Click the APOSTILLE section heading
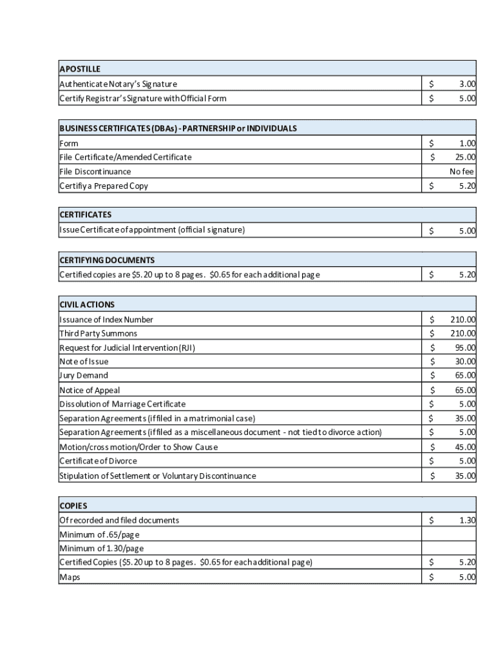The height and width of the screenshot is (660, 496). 80,69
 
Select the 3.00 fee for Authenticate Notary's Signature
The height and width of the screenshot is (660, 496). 468,84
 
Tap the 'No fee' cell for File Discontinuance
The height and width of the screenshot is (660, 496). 462,172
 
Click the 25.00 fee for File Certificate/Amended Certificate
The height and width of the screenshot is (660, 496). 465,157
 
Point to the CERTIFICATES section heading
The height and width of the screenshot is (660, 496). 85,215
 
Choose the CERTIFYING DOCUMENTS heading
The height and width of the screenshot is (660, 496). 107,260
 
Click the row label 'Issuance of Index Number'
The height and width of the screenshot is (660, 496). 106,320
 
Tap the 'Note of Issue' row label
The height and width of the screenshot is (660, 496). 84,362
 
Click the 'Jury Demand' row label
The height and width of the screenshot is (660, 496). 84,376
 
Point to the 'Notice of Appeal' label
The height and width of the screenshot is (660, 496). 90,391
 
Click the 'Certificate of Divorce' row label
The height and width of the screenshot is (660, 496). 98,461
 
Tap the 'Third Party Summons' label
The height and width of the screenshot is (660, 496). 98,334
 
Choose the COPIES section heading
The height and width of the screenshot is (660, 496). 73,506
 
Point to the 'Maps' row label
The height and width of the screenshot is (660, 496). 70,577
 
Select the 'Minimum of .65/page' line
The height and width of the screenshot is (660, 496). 99,535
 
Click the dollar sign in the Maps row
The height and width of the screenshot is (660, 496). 432,577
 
